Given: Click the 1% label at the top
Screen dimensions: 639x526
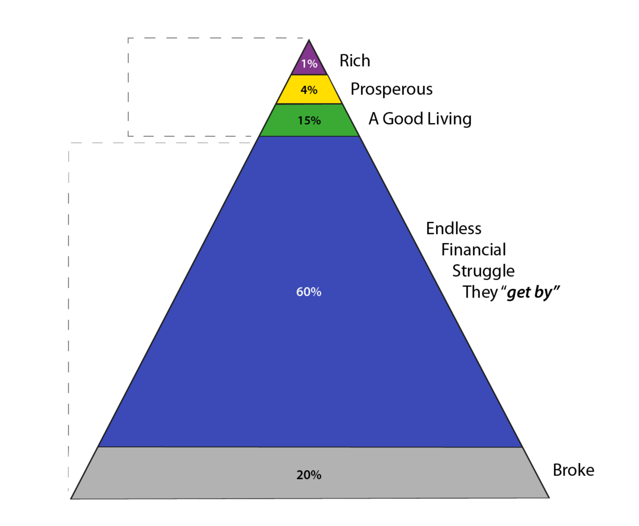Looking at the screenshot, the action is point(309,64).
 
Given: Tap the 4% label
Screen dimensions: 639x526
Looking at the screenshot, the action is point(309,90).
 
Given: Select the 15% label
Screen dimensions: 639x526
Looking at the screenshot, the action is point(309,121).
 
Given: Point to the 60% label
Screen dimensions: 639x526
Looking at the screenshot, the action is point(309,292).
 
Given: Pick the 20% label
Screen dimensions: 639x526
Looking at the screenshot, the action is point(309,475).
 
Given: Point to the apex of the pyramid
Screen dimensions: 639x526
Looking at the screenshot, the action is point(309,40).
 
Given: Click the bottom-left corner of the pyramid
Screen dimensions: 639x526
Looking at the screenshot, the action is point(71,498).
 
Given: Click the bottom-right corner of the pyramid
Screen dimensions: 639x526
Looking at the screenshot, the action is point(549,498).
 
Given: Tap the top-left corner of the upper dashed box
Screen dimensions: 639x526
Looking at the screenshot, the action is point(128,38).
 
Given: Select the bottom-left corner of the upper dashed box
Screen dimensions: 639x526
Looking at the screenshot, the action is point(128,136).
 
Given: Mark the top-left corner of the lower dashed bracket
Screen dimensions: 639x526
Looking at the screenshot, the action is point(69,143).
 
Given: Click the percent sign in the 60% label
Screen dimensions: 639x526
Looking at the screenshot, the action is point(316,292).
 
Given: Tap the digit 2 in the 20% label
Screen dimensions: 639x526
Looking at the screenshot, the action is point(300,475).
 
